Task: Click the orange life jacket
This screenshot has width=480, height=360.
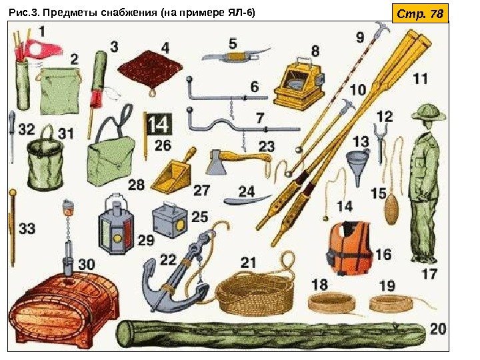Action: (x=349, y=247)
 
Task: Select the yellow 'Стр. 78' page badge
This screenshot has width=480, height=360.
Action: (x=420, y=13)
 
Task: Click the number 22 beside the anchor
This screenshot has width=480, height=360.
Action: (x=168, y=260)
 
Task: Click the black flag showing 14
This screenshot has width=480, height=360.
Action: (x=159, y=124)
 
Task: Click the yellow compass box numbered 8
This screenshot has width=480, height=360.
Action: (x=299, y=83)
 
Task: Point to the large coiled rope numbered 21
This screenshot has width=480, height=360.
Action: (x=255, y=294)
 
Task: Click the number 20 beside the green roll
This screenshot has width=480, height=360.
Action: (x=439, y=329)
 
